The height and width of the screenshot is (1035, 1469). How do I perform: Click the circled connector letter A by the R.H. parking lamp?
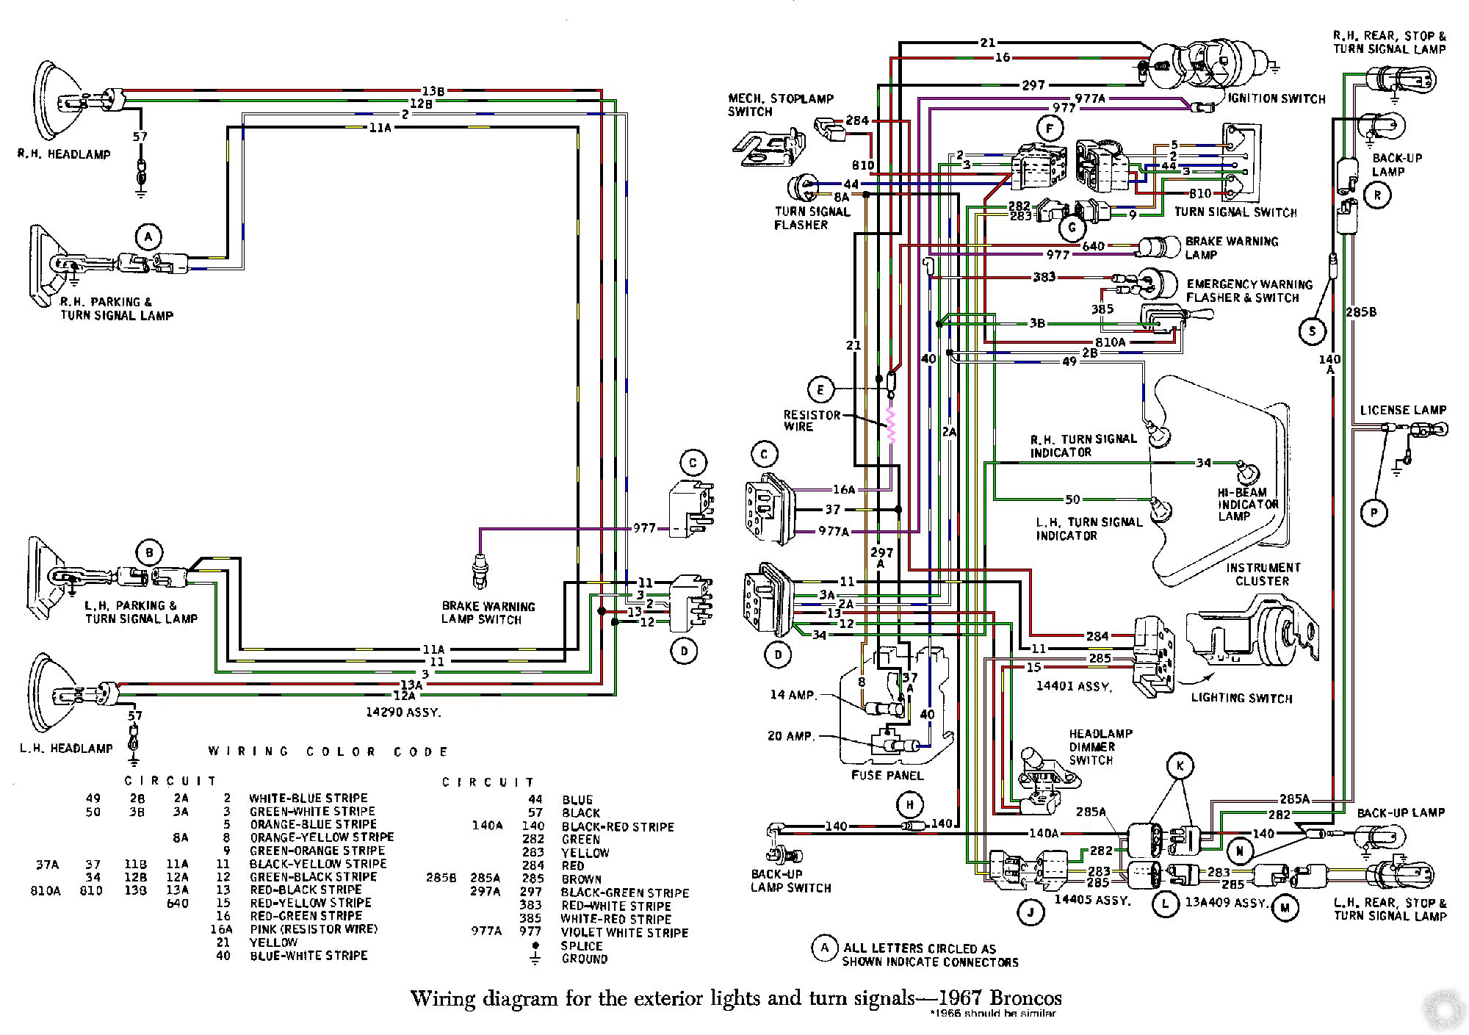148,237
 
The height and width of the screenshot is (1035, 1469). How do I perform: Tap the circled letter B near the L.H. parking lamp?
149,553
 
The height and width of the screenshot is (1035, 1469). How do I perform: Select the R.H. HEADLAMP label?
65,154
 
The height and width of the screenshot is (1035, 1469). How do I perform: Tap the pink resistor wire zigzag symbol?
892,425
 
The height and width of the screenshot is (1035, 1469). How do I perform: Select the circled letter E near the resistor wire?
821,389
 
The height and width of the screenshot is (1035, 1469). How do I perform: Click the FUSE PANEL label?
887,775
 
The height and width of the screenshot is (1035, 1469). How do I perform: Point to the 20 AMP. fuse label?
791,735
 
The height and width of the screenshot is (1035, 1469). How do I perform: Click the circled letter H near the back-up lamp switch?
910,804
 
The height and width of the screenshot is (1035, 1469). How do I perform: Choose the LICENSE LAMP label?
1403,410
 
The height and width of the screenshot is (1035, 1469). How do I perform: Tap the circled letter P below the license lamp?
1374,512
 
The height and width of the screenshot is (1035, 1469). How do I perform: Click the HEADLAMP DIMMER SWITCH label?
1100,746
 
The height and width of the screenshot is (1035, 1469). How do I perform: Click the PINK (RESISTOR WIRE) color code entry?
314,929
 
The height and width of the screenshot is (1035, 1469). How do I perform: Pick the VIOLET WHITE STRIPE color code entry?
624,933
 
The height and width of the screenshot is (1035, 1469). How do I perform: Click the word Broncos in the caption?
1025,998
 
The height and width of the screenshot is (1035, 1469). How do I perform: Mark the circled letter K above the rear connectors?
1180,765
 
